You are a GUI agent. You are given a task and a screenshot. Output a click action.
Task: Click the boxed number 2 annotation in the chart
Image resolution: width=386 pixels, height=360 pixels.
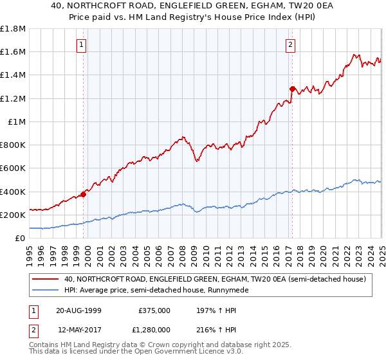(291, 45)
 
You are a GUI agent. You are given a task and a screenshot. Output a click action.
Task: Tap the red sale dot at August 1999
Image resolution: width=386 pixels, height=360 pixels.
(84, 194)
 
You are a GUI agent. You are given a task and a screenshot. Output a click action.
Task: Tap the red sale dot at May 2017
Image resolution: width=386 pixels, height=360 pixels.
(292, 89)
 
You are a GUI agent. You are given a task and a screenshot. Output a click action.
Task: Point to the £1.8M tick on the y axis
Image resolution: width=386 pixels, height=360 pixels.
(13, 28)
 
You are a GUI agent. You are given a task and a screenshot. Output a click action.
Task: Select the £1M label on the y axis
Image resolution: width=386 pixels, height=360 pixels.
(17, 122)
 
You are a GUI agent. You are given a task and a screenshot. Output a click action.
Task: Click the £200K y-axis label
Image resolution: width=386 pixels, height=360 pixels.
(12, 215)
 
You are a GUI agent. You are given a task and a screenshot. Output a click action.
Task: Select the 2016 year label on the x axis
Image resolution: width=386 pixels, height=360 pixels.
(276, 253)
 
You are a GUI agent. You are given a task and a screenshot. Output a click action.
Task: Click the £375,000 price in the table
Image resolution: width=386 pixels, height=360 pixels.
(154, 310)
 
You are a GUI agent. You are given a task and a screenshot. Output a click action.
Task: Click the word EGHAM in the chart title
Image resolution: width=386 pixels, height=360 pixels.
(243, 5)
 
